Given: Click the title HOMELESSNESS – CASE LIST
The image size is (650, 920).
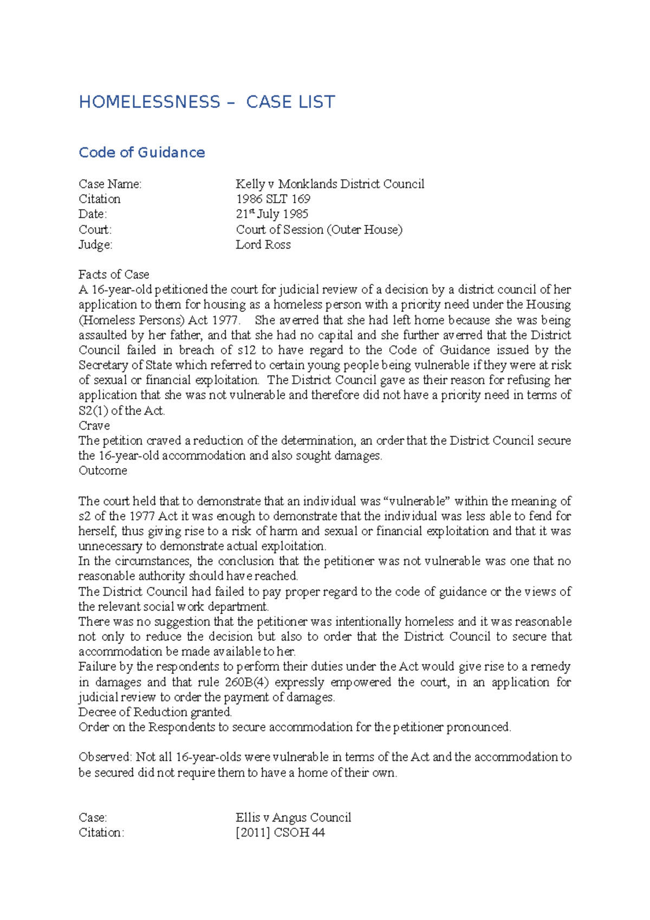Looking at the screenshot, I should pyautogui.click(x=207, y=102).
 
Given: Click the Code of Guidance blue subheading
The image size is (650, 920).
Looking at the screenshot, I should pyautogui.click(x=142, y=152).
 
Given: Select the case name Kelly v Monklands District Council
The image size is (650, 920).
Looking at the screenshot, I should pyautogui.click(x=329, y=184).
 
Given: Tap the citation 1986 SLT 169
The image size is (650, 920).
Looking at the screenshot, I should pyautogui.click(x=273, y=199).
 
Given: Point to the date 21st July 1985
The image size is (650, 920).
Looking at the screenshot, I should pyautogui.click(x=272, y=214).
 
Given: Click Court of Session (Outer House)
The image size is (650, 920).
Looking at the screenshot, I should pyautogui.click(x=319, y=229).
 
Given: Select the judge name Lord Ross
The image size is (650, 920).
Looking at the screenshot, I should pyautogui.click(x=263, y=244).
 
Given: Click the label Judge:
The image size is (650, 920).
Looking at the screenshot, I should pyautogui.click(x=95, y=244).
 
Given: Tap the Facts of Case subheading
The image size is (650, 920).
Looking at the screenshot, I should pyautogui.click(x=114, y=274).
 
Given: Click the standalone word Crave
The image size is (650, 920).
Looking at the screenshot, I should pyautogui.click(x=94, y=425).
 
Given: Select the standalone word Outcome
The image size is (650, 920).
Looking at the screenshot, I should pyautogui.click(x=103, y=470).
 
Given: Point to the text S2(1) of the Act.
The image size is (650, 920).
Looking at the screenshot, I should pyautogui.click(x=121, y=411).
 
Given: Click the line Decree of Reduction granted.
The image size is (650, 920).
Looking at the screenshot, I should pyautogui.click(x=155, y=712).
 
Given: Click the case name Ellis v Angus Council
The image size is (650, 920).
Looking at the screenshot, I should pyautogui.click(x=293, y=817).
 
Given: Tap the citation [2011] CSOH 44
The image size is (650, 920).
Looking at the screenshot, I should pyautogui.click(x=280, y=832).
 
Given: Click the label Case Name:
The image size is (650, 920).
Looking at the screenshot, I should pyautogui.click(x=110, y=184).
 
